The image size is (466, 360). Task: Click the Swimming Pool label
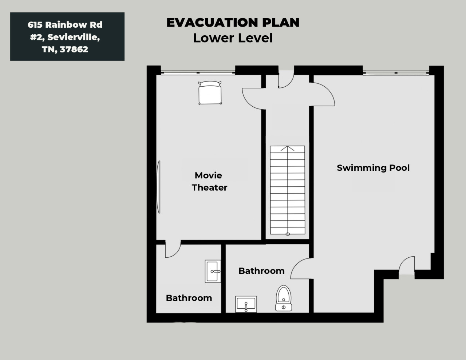(x=373, y=168)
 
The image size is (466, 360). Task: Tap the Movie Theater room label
(x=209, y=181)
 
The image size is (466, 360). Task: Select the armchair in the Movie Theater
(x=210, y=92)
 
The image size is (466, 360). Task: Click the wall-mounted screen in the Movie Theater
(x=159, y=187)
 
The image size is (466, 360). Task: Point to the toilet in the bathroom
(x=284, y=298)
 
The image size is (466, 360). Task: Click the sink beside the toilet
(x=246, y=304)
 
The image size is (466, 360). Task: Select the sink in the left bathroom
(x=213, y=271)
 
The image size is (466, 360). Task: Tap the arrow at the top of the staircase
(x=287, y=149)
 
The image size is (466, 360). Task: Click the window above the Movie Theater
(x=198, y=73)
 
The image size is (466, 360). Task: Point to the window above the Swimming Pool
(x=396, y=73)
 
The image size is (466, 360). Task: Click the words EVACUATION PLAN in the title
(x=233, y=23)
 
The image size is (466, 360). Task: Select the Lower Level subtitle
(x=233, y=38)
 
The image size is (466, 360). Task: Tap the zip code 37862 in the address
(x=74, y=49)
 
